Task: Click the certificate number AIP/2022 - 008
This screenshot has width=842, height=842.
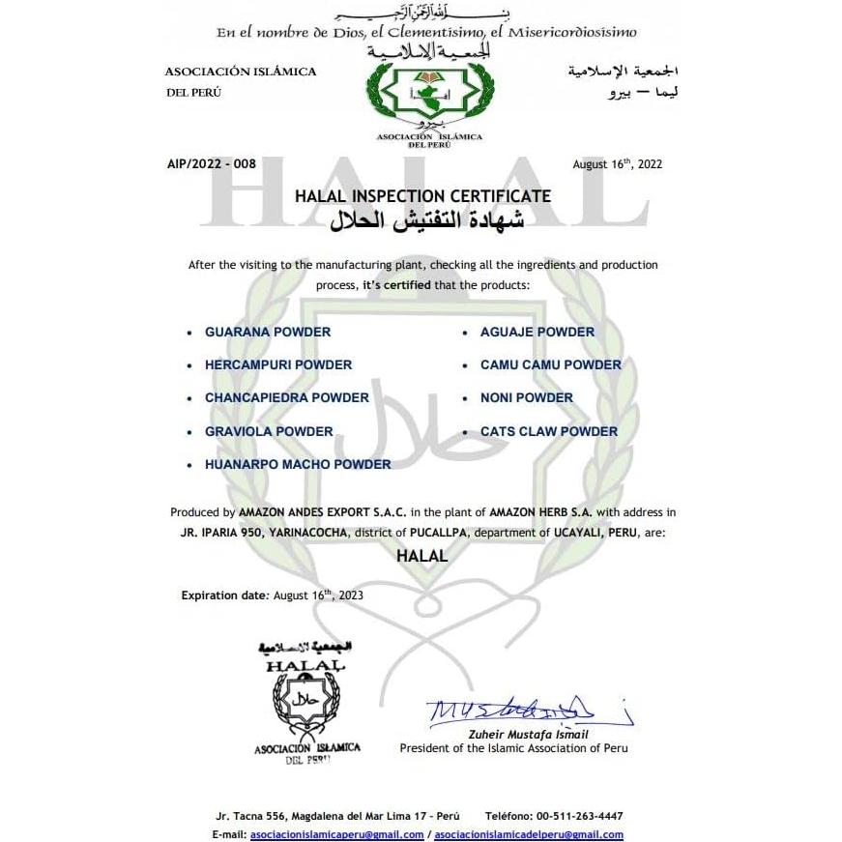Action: (x=212, y=164)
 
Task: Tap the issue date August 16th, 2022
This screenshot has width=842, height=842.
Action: (x=617, y=164)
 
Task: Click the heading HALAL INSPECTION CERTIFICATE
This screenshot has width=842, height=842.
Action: (x=422, y=196)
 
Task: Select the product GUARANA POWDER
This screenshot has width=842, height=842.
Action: (x=268, y=332)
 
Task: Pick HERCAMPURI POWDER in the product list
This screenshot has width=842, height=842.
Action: (x=278, y=364)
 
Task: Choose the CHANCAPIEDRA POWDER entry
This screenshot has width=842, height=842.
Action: (x=287, y=397)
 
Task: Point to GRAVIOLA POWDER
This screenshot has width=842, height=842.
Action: (x=269, y=431)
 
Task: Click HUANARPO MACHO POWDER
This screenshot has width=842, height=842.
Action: (x=298, y=464)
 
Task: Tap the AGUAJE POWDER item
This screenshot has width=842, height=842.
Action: (x=537, y=332)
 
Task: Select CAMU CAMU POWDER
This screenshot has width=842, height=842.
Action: (x=551, y=364)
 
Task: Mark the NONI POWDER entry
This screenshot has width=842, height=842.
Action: (x=527, y=397)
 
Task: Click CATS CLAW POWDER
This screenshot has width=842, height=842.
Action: (x=549, y=431)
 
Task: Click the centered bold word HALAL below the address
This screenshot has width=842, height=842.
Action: (x=422, y=557)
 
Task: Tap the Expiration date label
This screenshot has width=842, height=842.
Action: (x=223, y=595)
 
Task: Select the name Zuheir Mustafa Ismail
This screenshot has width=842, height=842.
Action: (x=541, y=735)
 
